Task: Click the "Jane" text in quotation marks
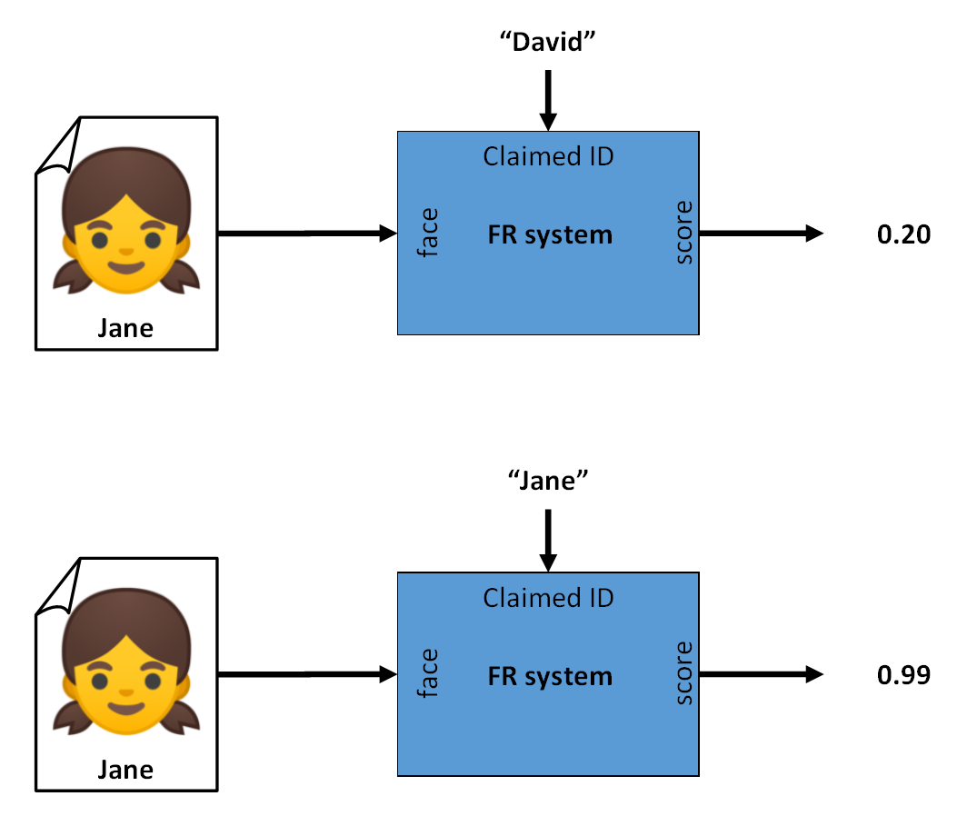click(548, 482)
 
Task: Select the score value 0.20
click(903, 234)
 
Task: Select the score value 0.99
click(903, 675)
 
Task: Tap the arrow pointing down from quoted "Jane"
click(548, 539)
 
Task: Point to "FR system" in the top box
click(550, 236)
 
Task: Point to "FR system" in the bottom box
click(550, 677)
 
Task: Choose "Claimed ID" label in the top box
click(548, 156)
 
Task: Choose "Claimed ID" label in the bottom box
click(548, 597)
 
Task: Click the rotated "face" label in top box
click(427, 234)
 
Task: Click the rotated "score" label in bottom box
click(683, 673)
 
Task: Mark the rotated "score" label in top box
click(683, 233)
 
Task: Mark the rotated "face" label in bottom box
click(427, 674)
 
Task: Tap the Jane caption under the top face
click(125, 328)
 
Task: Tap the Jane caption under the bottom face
click(125, 770)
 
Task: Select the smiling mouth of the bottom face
click(125, 708)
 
